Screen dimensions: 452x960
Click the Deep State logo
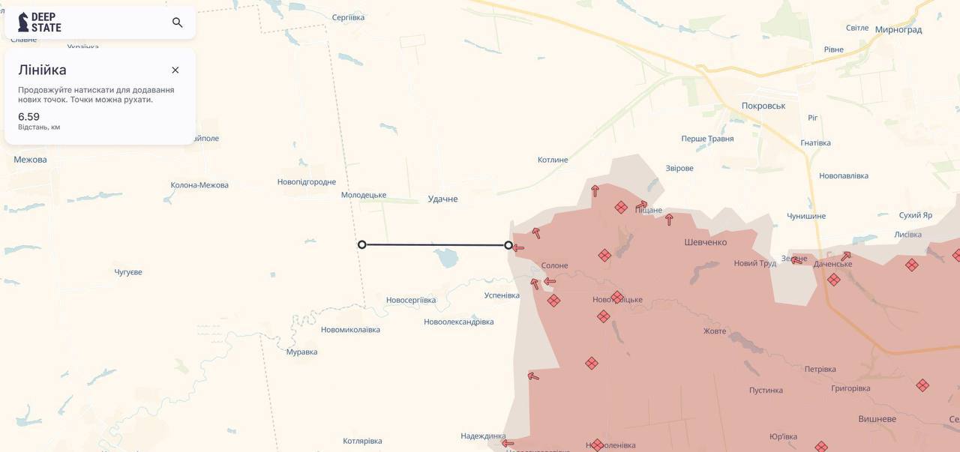pyautogui.click(x=40, y=22)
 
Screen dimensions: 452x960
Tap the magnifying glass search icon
pyautogui.click(x=178, y=22)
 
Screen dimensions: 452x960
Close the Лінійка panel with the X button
pyautogui.click(x=175, y=70)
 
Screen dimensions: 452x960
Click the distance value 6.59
pyautogui.click(x=29, y=116)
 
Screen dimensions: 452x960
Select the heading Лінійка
pyautogui.click(x=42, y=70)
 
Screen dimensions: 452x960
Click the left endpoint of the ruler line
pyautogui.click(x=362, y=244)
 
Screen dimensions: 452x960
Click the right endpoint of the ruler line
pyautogui.click(x=508, y=245)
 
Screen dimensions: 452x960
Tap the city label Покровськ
pyautogui.click(x=763, y=106)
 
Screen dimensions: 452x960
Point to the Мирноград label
pyautogui.click(x=898, y=30)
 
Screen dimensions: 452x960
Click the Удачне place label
pyautogui.click(x=442, y=199)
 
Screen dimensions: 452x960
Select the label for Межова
pyautogui.click(x=30, y=160)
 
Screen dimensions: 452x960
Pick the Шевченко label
pyautogui.click(x=705, y=242)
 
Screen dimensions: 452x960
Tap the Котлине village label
pyautogui.click(x=553, y=160)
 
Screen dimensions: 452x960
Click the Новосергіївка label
pyautogui.click(x=411, y=301)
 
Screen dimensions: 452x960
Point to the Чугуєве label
pyautogui.click(x=128, y=272)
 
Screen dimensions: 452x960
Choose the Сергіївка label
pyautogui.click(x=348, y=17)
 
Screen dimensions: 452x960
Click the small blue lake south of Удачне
pyautogui.click(x=446, y=259)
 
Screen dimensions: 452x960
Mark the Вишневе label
pyautogui.click(x=877, y=419)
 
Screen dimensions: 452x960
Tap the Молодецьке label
pyautogui.click(x=364, y=195)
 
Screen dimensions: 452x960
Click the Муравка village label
pyautogui.click(x=301, y=352)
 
